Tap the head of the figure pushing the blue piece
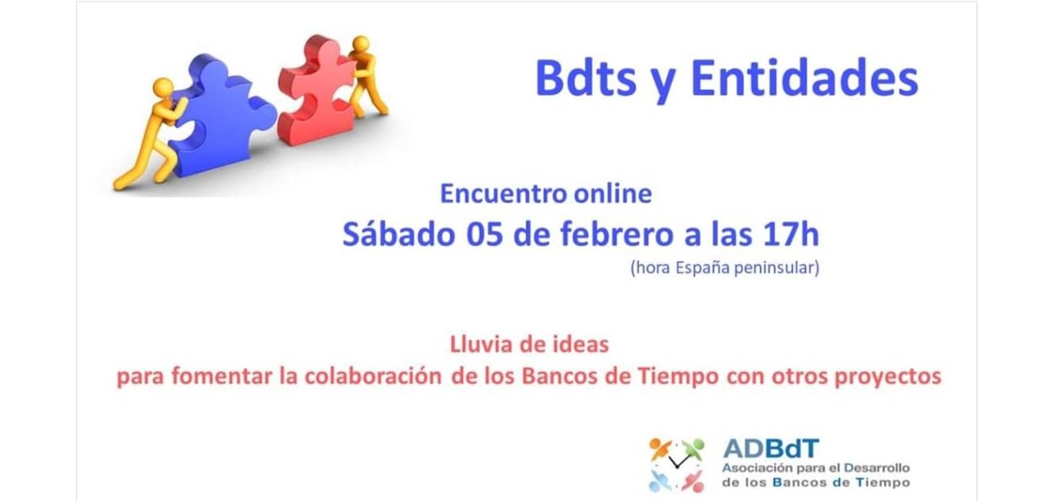[x=163, y=88]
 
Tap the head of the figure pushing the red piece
[x=361, y=44]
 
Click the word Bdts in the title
[x=586, y=79]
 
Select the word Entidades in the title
[x=804, y=79]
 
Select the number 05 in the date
[x=484, y=235]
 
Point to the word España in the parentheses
[x=703, y=268]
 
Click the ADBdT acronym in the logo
[x=771, y=448]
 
